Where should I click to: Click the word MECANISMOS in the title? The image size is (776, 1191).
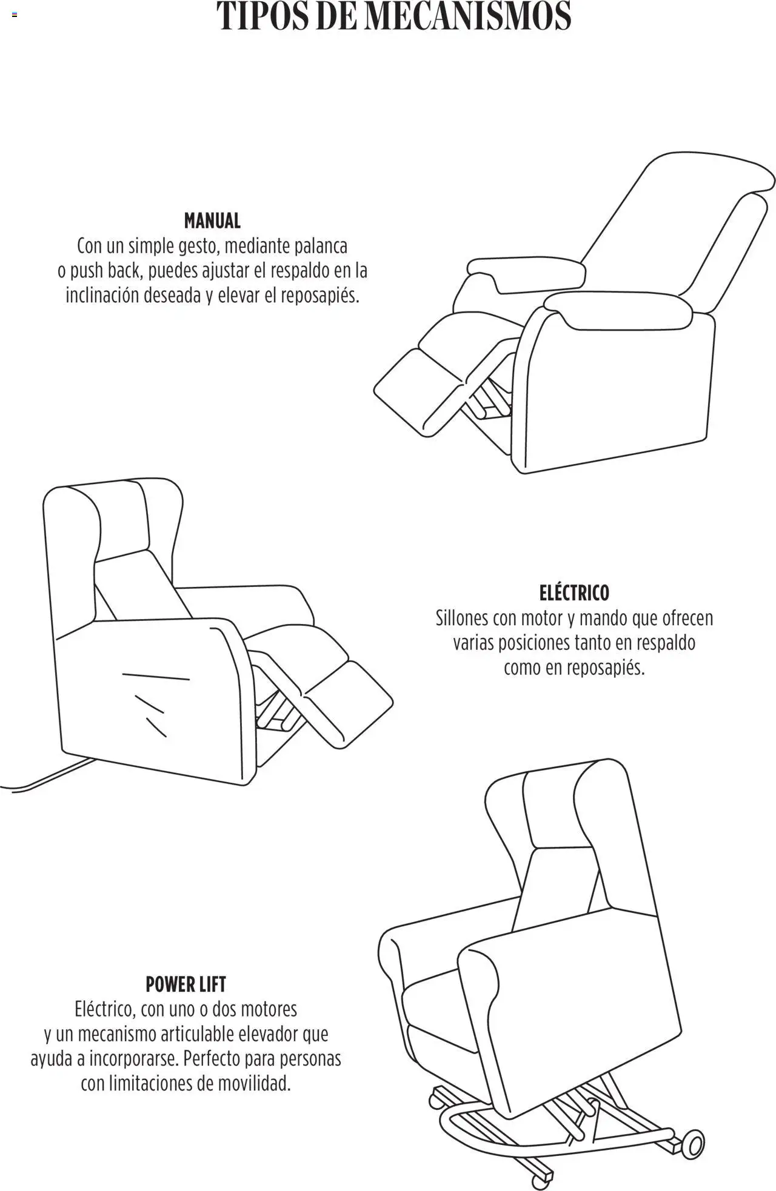(467, 16)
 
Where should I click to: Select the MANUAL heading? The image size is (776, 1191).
(212, 221)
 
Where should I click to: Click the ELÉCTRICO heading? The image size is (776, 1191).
(574, 592)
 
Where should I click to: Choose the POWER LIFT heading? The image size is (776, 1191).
(186, 984)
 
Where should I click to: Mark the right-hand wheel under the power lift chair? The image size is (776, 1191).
(694, 1146)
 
